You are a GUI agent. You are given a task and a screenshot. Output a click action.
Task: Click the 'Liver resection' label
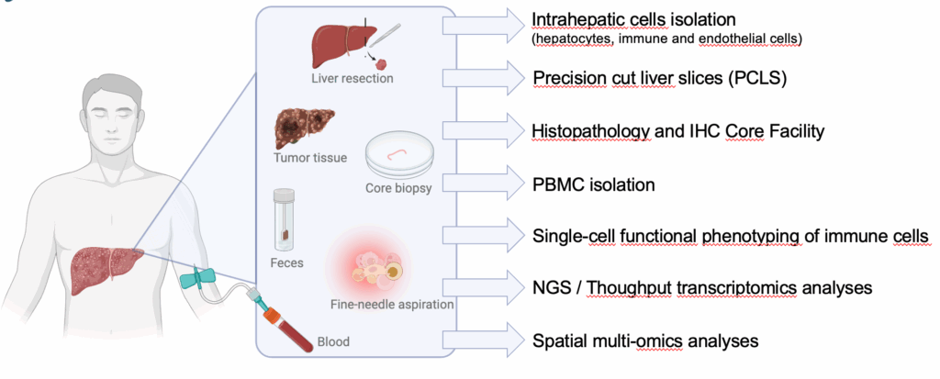(352, 78)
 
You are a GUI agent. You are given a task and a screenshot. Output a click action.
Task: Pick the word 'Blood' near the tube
(332, 341)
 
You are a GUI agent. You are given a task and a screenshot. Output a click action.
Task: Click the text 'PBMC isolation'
(593, 184)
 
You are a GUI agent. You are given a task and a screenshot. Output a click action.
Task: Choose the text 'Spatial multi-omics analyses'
(645, 340)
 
